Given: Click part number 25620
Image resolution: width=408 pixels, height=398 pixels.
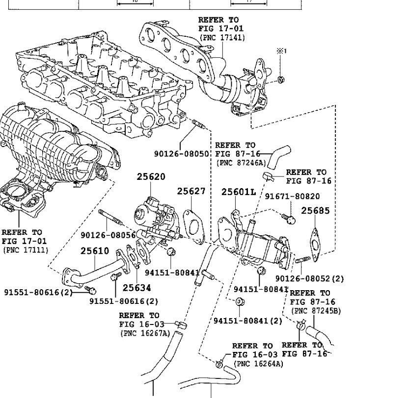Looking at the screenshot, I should tap(151, 177).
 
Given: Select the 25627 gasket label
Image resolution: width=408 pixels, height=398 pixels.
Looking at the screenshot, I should tap(191, 192).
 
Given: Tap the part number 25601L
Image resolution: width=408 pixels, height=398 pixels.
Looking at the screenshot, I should tap(239, 192).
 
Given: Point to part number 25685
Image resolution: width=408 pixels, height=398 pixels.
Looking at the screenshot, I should tap(315, 211).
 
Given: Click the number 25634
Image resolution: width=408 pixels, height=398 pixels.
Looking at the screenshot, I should tap(136, 288).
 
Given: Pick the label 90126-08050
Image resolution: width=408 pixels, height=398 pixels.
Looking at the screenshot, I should tap(182, 153).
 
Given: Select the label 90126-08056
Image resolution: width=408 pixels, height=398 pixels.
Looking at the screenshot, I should tap(108, 235).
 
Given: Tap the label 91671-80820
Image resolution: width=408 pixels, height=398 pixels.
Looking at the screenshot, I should tap(292, 197).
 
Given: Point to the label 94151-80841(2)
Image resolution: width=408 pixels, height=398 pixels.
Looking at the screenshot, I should tap(248, 321).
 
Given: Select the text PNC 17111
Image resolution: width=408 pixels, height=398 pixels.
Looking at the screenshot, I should tap(24, 249).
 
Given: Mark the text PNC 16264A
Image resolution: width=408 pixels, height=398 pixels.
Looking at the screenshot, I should tap(258, 364).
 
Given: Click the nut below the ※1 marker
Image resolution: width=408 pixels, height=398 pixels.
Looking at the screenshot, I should tap(280, 79).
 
